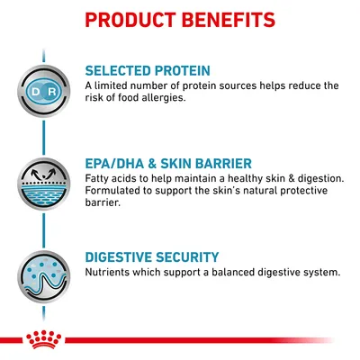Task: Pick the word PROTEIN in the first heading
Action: click(182, 70)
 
